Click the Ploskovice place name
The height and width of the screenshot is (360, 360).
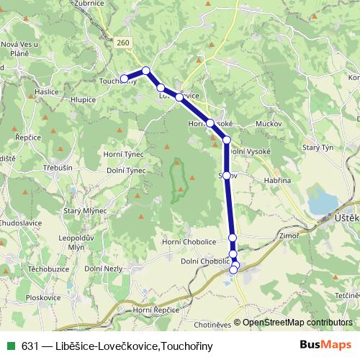tap(42, 297)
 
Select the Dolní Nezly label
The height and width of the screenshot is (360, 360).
tap(102, 268)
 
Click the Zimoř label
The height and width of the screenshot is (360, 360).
tap(288, 235)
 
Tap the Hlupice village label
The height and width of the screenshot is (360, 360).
tap(84, 99)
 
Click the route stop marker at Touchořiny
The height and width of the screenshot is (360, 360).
tap(124, 78)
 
